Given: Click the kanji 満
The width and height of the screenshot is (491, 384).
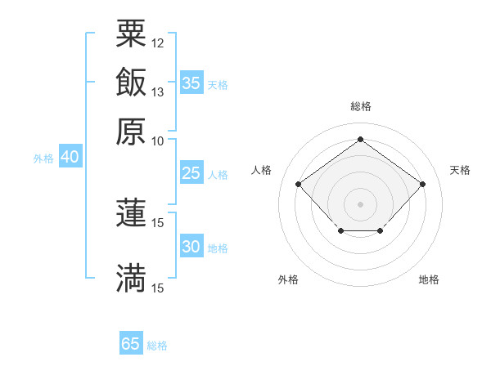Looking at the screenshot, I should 131,278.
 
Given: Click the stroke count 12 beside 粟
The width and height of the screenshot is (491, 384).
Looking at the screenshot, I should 158,42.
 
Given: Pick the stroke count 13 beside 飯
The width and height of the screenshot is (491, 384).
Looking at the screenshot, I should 158,92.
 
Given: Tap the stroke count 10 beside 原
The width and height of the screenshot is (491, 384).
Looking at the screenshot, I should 158,141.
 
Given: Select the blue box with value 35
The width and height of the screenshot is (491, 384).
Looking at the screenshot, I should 191,83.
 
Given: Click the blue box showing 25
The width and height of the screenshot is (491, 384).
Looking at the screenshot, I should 191,173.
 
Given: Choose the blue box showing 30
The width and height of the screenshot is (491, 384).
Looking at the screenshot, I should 191,247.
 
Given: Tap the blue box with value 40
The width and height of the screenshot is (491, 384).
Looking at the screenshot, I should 70,157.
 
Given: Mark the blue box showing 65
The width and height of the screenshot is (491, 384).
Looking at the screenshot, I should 131,344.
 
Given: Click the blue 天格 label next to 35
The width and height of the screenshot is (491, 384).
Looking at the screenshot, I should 217,85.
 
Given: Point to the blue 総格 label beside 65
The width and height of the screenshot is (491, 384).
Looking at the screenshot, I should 157,346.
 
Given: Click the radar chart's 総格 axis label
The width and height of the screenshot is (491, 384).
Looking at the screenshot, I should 360,106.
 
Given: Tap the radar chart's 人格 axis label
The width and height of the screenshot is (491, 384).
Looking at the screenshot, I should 262,170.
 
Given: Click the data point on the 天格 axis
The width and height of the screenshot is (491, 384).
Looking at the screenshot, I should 422,184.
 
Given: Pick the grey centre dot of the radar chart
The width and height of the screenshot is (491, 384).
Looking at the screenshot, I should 360,203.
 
